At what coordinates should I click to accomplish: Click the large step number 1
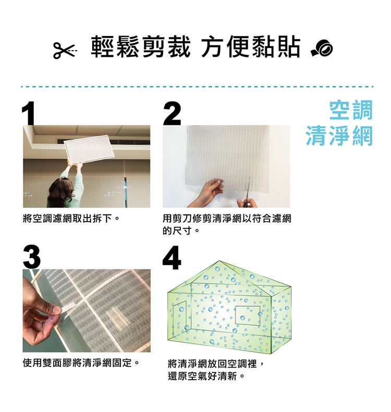tap(28, 113)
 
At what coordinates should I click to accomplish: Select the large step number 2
tap(172, 113)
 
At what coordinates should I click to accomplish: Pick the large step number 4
tap(172, 257)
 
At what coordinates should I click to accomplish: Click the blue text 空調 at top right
tap(351, 111)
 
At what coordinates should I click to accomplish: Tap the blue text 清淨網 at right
tap(339, 135)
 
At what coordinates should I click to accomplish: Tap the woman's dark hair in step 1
tap(60, 193)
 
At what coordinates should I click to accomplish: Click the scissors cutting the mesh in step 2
tap(248, 192)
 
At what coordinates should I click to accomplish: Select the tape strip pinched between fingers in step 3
tap(69, 306)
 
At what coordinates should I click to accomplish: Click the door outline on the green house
tap(180, 316)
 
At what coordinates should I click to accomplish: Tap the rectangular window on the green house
tap(248, 316)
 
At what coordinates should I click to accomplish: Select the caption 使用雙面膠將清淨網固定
tap(81, 363)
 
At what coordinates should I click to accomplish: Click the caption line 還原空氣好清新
tap(206, 376)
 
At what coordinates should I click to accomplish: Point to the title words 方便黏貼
tap(251, 47)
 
